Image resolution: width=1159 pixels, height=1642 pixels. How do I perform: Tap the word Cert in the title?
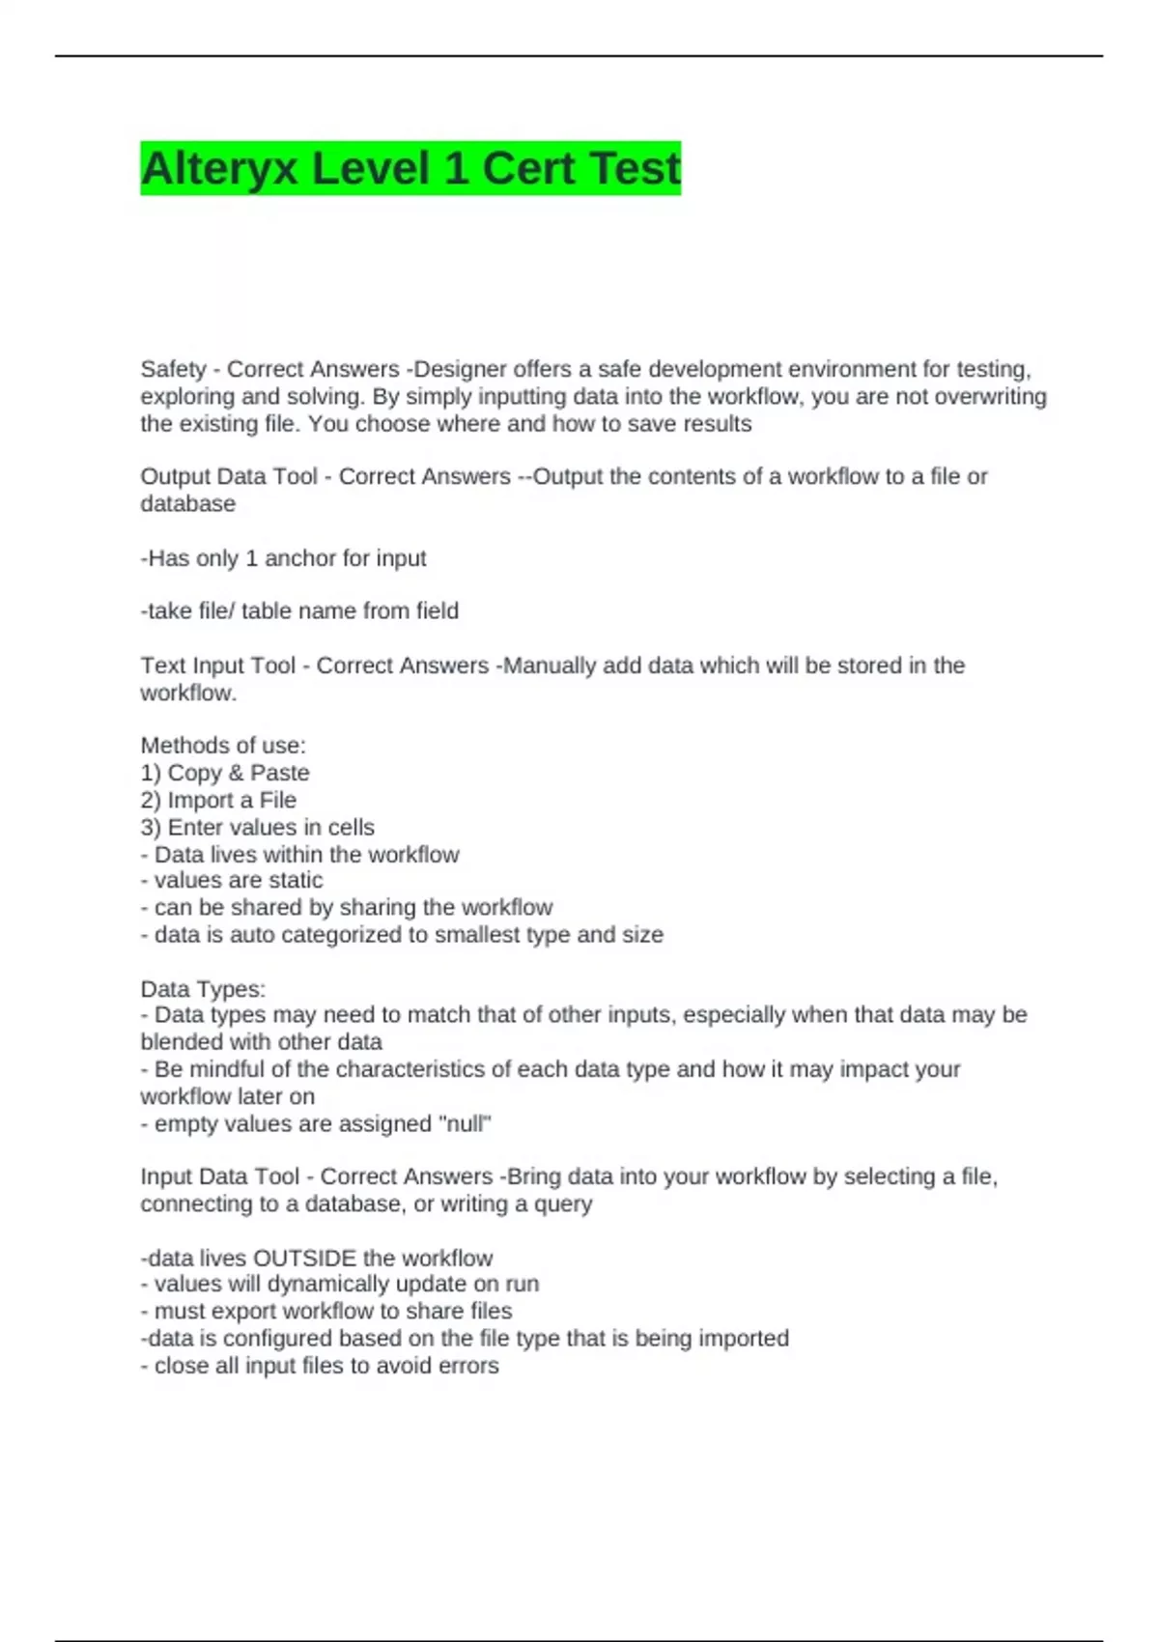(528, 169)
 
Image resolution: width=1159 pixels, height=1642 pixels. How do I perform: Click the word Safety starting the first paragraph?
(173, 369)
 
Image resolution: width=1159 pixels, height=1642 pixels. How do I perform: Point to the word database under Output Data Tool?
(187, 504)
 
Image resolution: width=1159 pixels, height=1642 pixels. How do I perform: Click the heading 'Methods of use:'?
(223, 746)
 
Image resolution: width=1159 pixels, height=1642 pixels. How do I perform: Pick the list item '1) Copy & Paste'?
(225, 773)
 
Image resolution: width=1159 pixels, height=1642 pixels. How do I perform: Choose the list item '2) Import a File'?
(218, 800)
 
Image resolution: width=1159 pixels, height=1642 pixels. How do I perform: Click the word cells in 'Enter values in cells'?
(351, 828)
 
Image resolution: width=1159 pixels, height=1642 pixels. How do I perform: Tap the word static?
(297, 881)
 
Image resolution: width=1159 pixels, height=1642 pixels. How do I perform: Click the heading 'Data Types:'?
(203, 989)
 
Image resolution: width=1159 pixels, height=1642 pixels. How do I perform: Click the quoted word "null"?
(466, 1124)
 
